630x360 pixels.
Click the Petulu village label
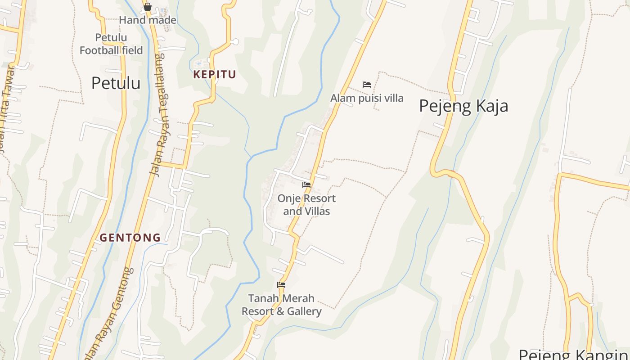pyautogui.click(x=116, y=83)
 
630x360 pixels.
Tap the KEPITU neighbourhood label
pyautogui.click(x=215, y=74)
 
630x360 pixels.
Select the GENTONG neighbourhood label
pyautogui.click(x=130, y=238)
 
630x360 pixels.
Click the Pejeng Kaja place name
pyautogui.click(x=463, y=106)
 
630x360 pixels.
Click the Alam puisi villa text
pyautogui.click(x=367, y=98)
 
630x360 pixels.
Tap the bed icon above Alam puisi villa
pyautogui.click(x=367, y=85)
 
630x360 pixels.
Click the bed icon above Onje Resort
pyautogui.click(x=306, y=184)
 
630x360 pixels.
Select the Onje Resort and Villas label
pyautogui.click(x=306, y=205)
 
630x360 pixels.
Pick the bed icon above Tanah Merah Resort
pyautogui.click(x=281, y=284)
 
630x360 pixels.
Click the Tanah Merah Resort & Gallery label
pyautogui.click(x=282, y=305)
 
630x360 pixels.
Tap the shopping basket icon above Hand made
pyautogui.click(x=148, y=7)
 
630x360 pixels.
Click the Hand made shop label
pyautogui.click(x=148, y=20)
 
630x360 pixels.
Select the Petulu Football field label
pyautogui.click(x=111, y=44)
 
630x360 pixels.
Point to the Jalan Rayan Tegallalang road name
pyautogui.click(x=157, y=115)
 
